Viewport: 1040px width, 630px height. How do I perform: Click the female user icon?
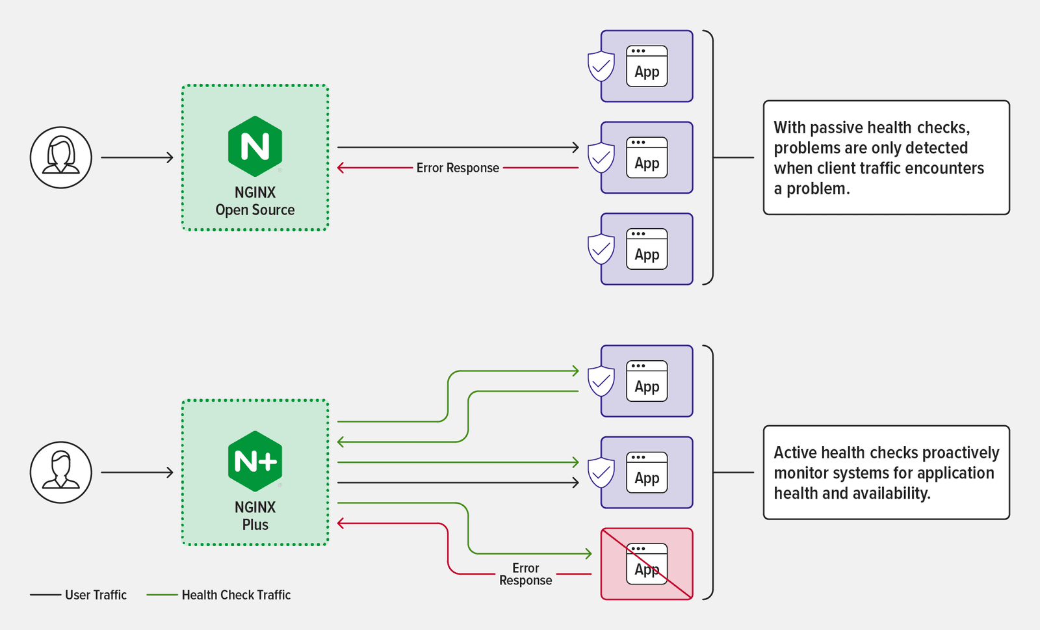61,157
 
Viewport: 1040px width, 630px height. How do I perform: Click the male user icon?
61,472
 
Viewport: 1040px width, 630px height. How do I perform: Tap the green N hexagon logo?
255,146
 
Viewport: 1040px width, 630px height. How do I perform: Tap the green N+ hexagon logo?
255,461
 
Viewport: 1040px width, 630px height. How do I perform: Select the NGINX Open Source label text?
255,201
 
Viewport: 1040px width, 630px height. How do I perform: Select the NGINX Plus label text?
255,516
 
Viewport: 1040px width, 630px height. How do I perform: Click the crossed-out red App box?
647,564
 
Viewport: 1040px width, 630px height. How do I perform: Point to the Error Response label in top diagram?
458,168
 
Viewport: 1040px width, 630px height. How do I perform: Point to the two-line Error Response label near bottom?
525,574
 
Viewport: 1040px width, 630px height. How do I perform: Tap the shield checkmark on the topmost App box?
601,66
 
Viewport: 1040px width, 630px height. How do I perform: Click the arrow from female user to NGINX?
136,157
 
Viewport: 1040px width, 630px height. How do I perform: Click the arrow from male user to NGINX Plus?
136,473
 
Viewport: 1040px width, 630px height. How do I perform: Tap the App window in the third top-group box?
647,249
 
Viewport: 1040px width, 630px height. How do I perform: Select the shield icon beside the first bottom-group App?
601,381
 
